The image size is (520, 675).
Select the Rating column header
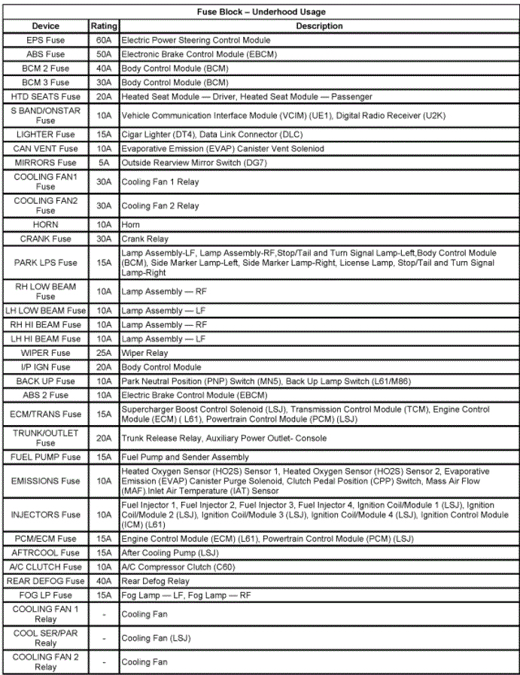tap(104, 26)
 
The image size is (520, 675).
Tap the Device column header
tap(45, 26)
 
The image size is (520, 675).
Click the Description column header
tap(319, 26)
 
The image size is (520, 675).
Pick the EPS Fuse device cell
tap(45, 41)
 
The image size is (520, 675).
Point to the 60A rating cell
tap(104, 41)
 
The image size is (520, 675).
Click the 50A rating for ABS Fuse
tap(104, 54)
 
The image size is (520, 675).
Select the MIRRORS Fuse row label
tap(45, 163)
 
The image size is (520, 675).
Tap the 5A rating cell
tap(104, 163)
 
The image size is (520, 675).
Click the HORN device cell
tap(45, 225)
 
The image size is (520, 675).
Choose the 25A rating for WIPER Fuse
tap(104, 353)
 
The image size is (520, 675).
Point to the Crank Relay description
tap(145, 239)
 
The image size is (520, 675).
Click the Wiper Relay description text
tap(145, 353)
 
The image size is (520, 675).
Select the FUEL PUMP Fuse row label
tap(45, 457)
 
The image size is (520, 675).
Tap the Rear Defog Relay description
tap(156, 581)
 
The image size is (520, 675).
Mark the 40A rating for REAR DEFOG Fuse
tap(104, 581)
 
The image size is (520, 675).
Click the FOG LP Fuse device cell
tap(45, 595)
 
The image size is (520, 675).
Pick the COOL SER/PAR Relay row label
tap(45, 638)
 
